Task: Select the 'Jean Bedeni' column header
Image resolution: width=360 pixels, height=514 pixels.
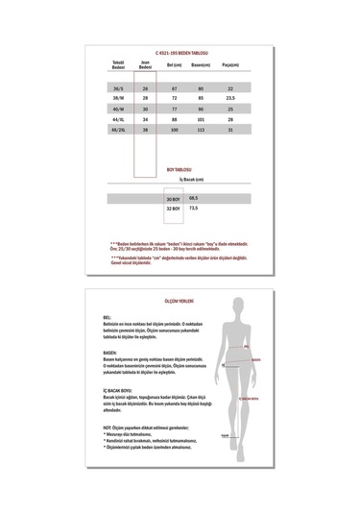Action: [x=146, y=66]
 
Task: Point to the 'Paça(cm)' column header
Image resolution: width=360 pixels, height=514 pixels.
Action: [x=229, y=64]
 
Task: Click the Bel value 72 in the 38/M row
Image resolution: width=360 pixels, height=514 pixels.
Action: [x=175, y=98]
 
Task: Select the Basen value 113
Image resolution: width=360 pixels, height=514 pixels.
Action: [x=202, y=128]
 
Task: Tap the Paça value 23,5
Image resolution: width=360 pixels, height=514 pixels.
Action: [x=229, y=98]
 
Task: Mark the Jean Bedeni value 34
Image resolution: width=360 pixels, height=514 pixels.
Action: [x=146, y=118]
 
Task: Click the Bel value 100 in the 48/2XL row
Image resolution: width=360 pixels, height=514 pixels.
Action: [x=175, y=128]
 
